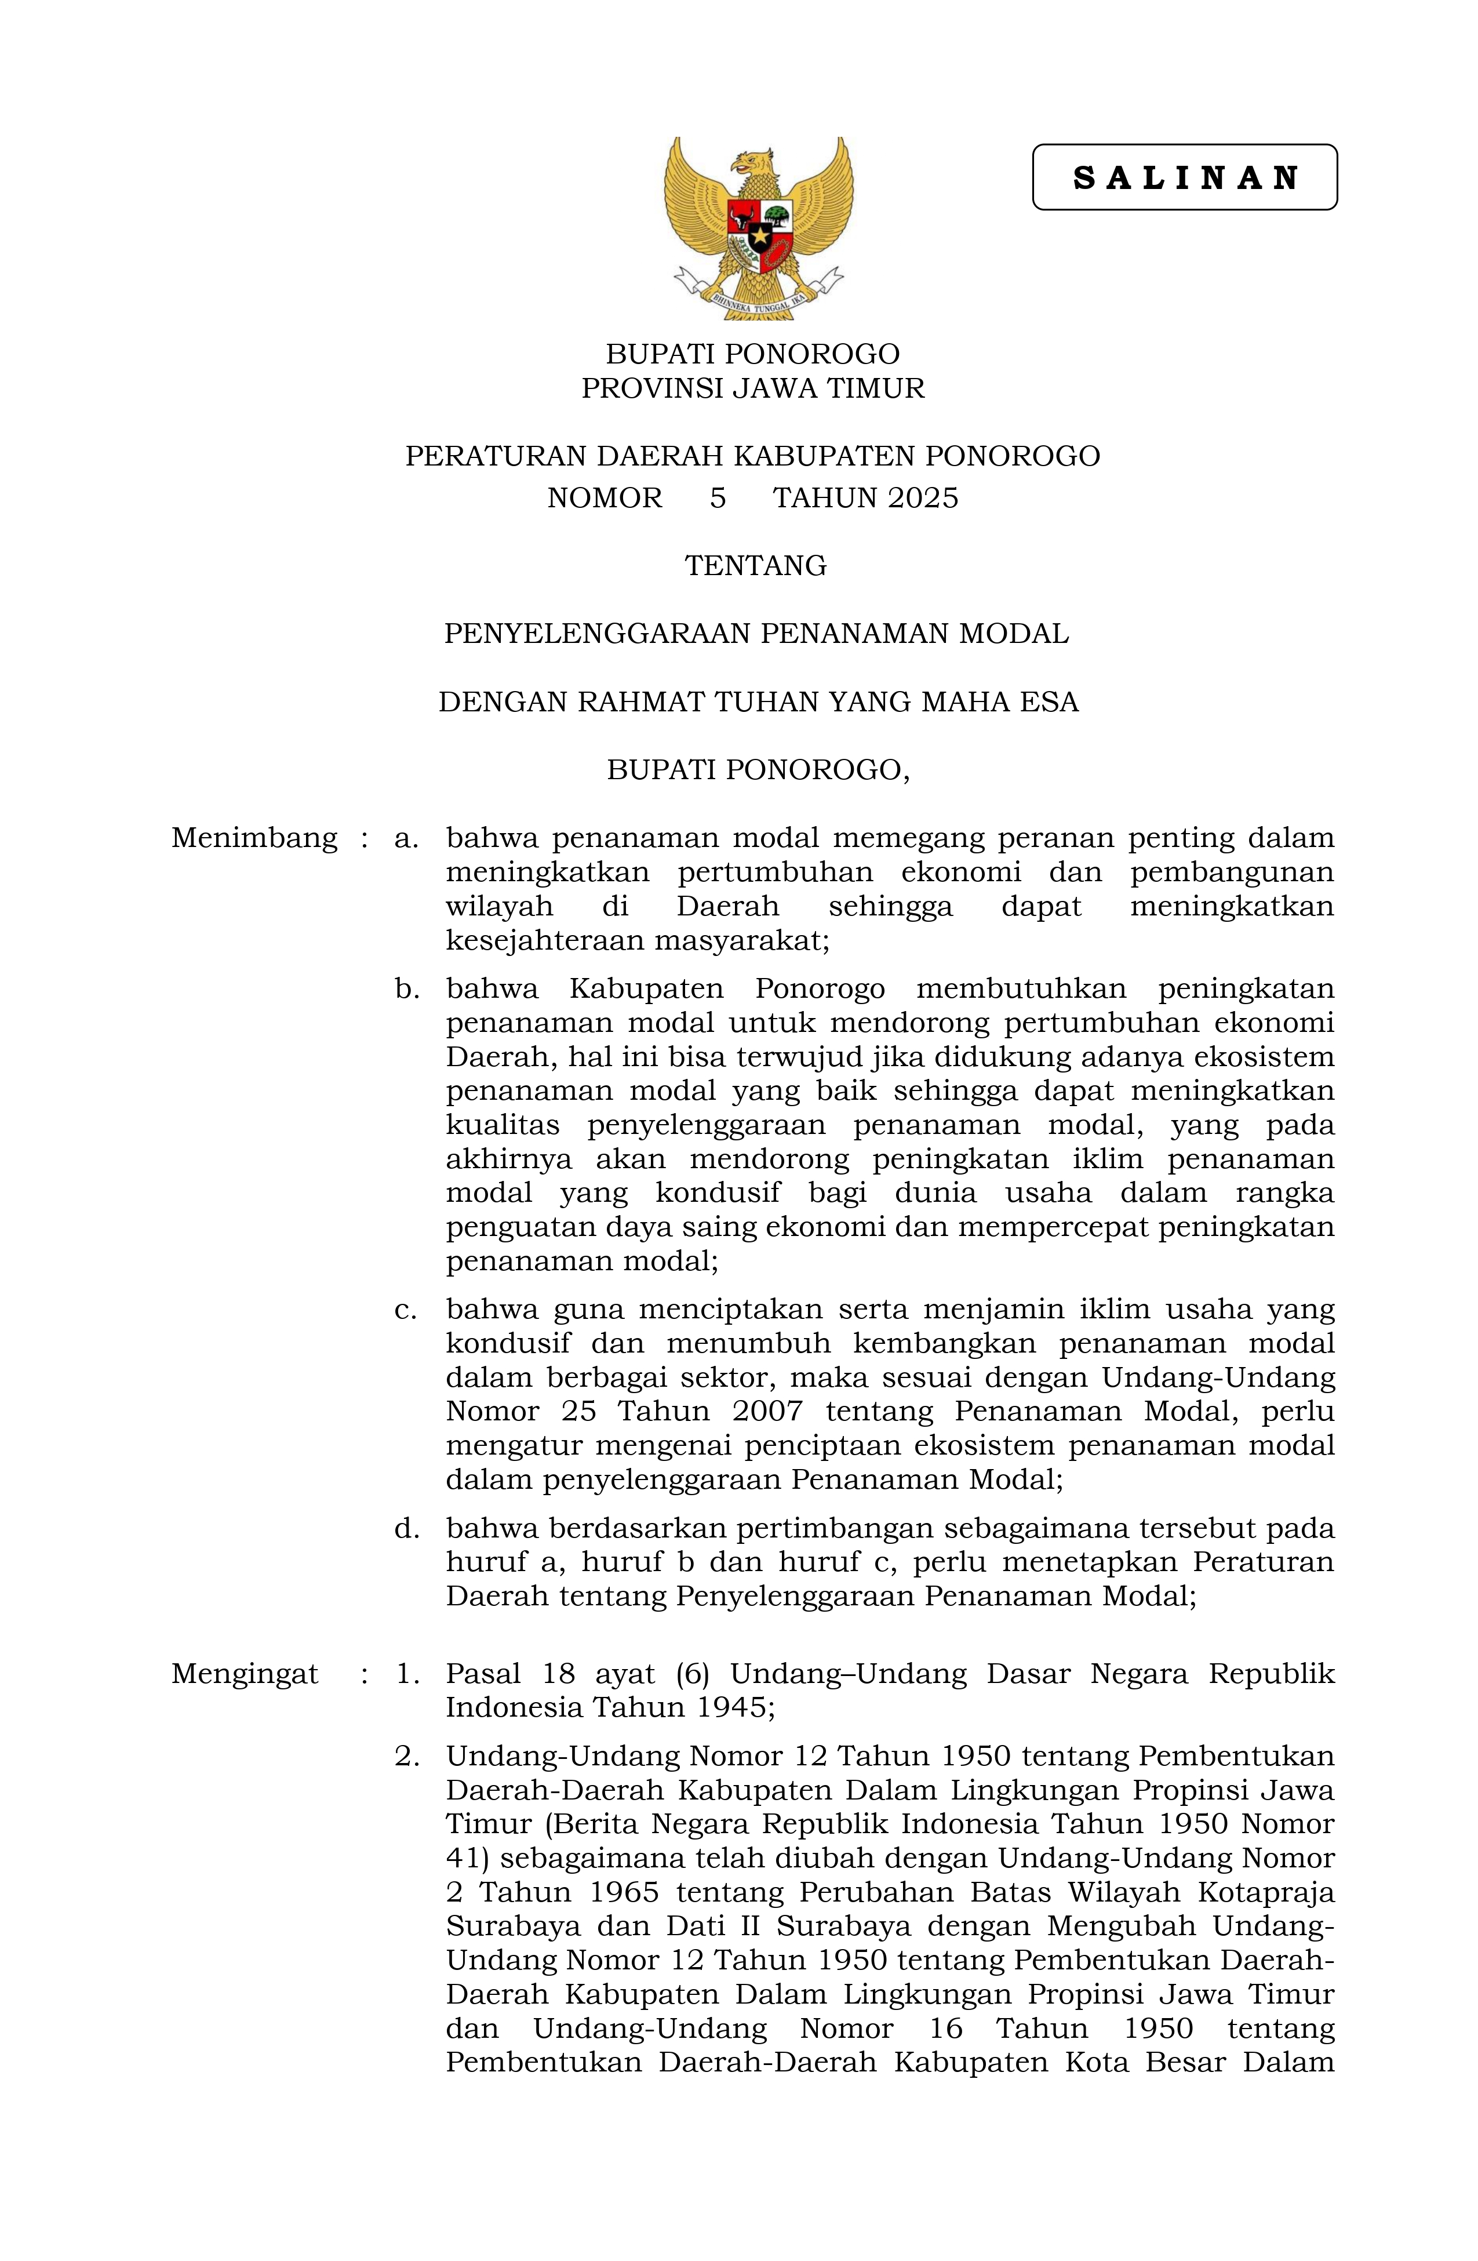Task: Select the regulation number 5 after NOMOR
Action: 717,499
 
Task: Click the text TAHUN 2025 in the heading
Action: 865,499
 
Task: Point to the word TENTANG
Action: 755,566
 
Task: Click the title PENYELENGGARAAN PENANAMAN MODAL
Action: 756,634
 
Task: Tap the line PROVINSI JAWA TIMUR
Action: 752,388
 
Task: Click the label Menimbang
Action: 254,838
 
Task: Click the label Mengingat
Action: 244,1673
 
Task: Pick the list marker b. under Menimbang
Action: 406,989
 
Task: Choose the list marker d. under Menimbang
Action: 406,1529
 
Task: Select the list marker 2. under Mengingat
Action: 406,1757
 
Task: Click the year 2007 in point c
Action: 767,1412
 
